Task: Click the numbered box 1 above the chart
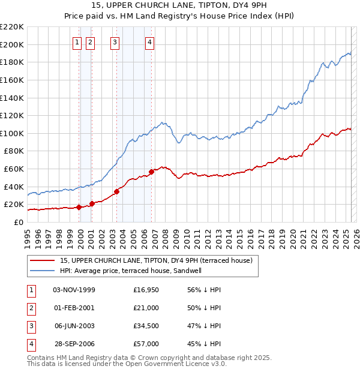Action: click(x=78, y=42)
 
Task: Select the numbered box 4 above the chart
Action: click(x=149, y=42)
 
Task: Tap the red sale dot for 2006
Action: click(x=151, y=172)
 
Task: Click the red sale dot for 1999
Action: click(x=79, y=208)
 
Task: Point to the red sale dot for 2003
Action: click(x=116, y=191)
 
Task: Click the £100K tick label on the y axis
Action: click(x=12, y=133)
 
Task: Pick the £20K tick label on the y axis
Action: click(x=14, y=205)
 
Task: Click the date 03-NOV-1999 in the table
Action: click(x=74, y=290)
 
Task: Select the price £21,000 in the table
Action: click(x=146, y=308)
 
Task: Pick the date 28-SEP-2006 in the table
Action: click(x=74, y=344)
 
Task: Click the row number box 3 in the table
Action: click(x=30, y=326)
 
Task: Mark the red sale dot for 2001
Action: click(x=92, y=204)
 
